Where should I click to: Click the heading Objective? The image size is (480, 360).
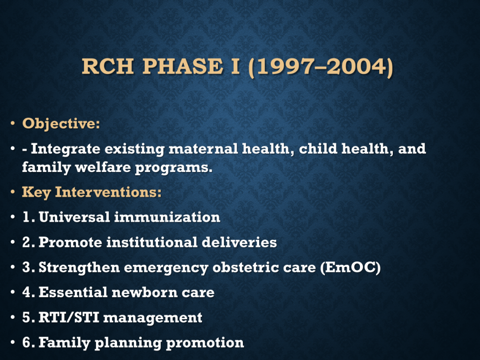[61, 124]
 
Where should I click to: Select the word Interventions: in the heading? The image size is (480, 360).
[108, 192]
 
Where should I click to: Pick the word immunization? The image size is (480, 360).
[167, 217]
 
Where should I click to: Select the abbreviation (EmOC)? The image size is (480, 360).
[351, 268]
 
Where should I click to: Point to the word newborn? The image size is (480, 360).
[144, 292]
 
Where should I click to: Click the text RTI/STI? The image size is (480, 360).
[69, 317]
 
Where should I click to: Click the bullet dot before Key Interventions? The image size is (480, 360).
[13, 192]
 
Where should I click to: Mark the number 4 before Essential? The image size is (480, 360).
[27, 292]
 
